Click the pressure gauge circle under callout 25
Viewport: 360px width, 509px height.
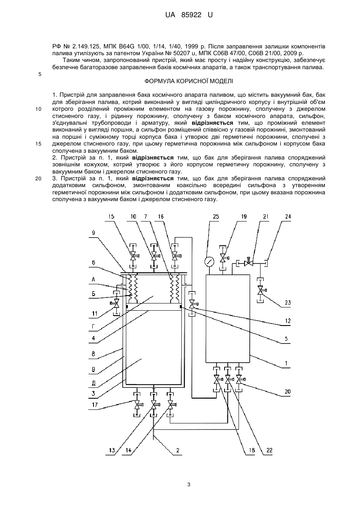(x=209, y=261)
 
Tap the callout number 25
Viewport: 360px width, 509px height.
(x=215, y=217)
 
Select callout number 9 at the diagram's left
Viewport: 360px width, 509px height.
(x=93, y=233)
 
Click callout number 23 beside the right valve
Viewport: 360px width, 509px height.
(x=288, y=302)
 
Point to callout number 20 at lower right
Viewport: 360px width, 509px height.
(x=288, y=391)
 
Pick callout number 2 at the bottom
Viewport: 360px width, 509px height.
(x=178, y=450)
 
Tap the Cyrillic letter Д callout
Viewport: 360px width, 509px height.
(x=93, y=383)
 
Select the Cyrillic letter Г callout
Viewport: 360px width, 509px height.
(x=93, y=327)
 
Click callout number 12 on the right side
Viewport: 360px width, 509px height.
(x=288, y=321)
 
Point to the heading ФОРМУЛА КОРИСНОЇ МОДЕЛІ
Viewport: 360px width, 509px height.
(x=189, y=81)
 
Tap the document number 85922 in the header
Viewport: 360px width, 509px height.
(x=191, y=15)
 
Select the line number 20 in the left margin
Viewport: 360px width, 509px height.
(x=38, y=179)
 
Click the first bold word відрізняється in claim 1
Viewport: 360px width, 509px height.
(x=213, y=123)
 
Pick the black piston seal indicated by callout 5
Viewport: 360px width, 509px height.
(x=181, y=307)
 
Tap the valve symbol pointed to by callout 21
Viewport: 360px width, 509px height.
(x=249, y=263)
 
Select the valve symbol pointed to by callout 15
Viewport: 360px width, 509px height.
(x=133, y=256)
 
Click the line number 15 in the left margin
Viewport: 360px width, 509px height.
(x=38, y=144)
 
